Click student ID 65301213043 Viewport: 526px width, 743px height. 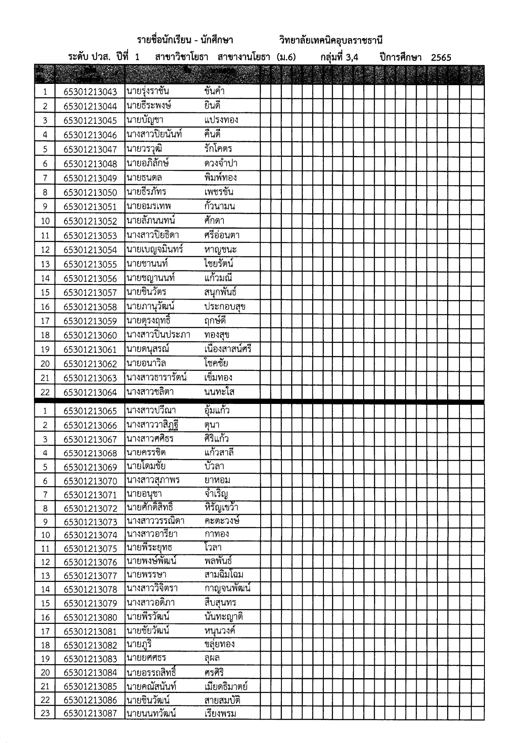click(x=90, y=92)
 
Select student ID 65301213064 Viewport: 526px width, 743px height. click(x=90, y=392)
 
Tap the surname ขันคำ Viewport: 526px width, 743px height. click(x=214, y=91)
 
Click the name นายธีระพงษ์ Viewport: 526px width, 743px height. click(x=149, y=106)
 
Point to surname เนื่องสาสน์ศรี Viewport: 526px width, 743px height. click(x=228, y=349)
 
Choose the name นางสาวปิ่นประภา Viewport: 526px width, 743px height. click(x=158, y=335)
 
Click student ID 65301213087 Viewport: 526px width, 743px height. click(x=90, y=713)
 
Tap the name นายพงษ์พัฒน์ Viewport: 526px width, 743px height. click(x=151, y=561)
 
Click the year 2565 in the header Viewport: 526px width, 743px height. click(x=441, y=58)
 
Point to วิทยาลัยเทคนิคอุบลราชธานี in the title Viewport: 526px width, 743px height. click(x=331, y=41)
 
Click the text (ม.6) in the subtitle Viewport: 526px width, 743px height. click(x=286, y=58)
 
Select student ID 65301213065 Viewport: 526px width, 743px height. click(x=90, y=411)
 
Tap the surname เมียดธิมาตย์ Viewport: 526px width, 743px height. click(x=226, y=686)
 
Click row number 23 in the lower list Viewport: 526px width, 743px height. click(x=45, y=713)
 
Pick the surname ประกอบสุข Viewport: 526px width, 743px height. click(x=225, y=306)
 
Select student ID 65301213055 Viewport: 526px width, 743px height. click(x=90, y=264)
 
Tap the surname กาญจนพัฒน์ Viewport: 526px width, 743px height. click(x=227, y=589)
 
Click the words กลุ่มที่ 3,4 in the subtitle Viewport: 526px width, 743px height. click(x=339, y=58)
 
